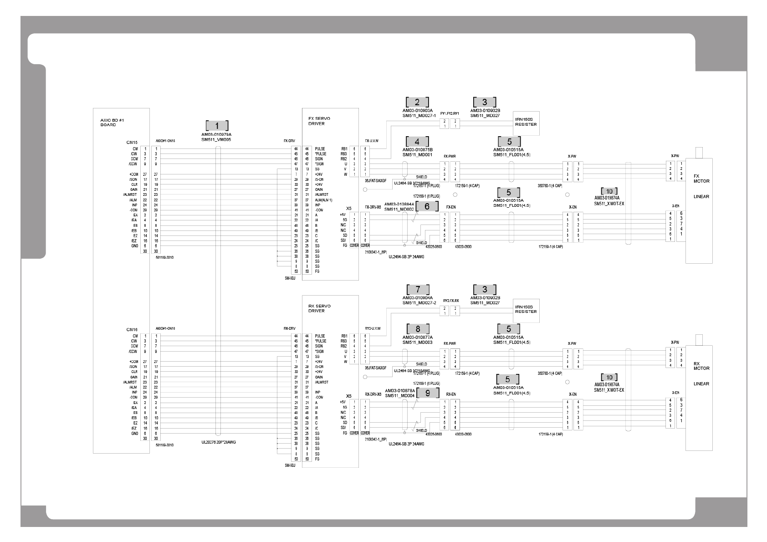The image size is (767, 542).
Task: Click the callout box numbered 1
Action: click(217, 126)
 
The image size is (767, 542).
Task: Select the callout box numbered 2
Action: click(417, 102)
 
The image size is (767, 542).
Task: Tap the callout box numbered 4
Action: click(417, 141)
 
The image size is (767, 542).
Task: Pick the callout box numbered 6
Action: click(427, 206)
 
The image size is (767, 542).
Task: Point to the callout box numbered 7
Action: click(417, 289)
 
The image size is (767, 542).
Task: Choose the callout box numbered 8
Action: click(417, 329)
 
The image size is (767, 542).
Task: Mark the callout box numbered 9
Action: click(427, 392)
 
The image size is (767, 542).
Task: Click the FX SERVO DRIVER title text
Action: click(319, 121)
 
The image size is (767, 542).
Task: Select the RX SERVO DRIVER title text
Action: click(319, 308)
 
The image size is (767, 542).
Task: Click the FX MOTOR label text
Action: click(701, 178)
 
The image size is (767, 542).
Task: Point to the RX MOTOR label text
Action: click(701, 366)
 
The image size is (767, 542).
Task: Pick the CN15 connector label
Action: click(132, 143)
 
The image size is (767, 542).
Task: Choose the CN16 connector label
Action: click(132, 329)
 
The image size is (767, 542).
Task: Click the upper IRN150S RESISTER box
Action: click(526, 123)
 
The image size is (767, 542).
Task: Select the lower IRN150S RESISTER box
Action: click(526, 310)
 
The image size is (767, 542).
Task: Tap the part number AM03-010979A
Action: click(216, 135)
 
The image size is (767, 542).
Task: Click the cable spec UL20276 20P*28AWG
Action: click(219, 442)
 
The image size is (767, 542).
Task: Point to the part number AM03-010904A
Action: click(417, 298)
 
